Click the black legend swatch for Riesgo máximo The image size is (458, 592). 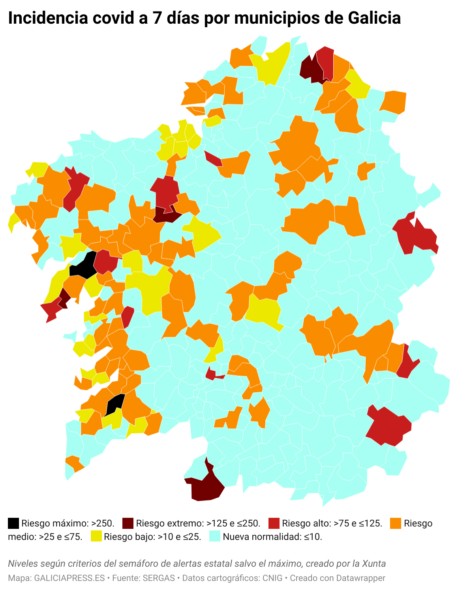(13, 523)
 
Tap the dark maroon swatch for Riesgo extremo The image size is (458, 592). (128, 523)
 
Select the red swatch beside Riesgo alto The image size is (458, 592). (274, 523)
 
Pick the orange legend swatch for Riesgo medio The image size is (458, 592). (396, 523)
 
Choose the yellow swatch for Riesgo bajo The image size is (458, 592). (96, 536)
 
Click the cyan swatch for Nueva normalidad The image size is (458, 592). (214, 536)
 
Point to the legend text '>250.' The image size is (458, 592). (103, 523)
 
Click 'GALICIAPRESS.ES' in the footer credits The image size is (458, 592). (69, 578)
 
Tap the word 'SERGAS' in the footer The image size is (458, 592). (159, 578)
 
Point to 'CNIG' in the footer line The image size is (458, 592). (273, 578)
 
